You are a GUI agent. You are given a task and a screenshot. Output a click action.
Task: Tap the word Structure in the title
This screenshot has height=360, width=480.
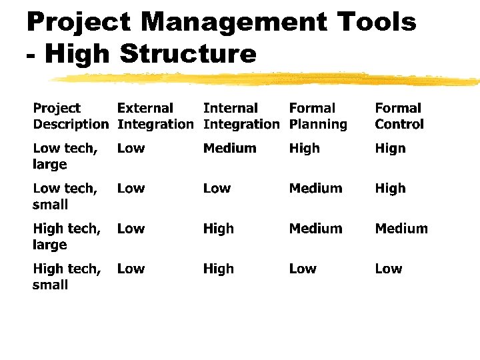(x=187, y=53)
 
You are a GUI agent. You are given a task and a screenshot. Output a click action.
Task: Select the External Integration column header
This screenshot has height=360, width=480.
(x=155, y=116)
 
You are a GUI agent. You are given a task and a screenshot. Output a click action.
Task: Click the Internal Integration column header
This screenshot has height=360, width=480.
(x=241, y=116)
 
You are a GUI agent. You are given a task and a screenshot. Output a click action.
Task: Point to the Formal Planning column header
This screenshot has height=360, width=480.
(x=318, y=116)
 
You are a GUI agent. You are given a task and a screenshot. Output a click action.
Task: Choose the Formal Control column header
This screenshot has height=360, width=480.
(x=399, y=116)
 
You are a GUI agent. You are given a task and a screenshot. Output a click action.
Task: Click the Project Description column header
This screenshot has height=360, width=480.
(x=70, y=116)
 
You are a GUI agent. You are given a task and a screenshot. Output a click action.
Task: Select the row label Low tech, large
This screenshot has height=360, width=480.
(x=65, y=156)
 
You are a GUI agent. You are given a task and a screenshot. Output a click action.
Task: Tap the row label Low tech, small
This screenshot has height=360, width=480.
(x=65, y=196)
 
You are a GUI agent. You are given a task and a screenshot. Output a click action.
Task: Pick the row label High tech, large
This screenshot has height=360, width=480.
(x=67, y=236)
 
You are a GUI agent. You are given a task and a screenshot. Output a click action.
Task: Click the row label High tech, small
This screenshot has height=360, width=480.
(x=67, y=277)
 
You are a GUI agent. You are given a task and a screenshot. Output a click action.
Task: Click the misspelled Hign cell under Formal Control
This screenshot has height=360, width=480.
(x=390, y=149)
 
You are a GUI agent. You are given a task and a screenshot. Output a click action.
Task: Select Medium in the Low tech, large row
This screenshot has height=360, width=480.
(x=229, y=149)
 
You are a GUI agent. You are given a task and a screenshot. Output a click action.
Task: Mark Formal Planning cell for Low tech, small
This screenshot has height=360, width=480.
(x=315, y=189)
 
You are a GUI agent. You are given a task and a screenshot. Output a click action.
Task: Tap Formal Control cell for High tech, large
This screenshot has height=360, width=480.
(x=401, y=229)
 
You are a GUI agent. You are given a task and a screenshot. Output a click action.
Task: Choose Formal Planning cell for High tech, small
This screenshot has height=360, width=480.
(x=303, y=269)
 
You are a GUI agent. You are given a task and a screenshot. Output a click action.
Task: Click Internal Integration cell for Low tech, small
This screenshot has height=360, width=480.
(x=217, y=189)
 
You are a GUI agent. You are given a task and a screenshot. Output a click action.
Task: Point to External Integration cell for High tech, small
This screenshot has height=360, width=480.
(x=131, y=269)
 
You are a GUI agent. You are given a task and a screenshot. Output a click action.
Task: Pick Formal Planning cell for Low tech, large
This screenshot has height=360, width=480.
(x=304, y=149)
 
